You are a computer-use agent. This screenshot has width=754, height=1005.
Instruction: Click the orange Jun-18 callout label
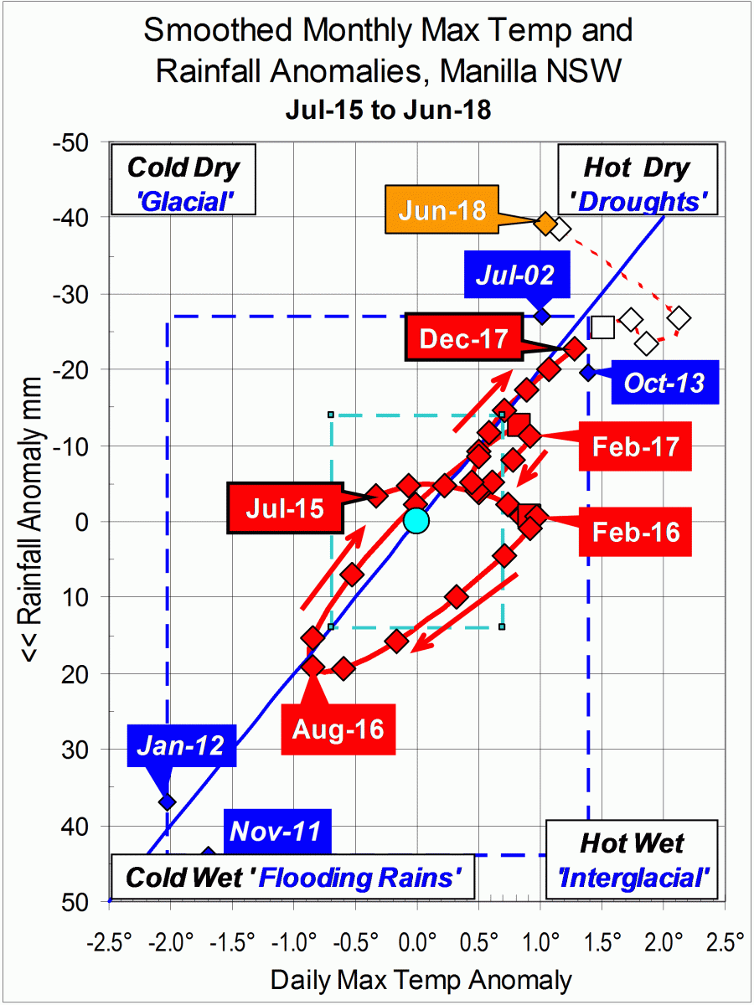(442, 209)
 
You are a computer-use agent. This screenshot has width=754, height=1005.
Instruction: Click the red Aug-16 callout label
(338, 729)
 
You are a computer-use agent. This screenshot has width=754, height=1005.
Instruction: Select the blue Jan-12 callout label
(182, 745)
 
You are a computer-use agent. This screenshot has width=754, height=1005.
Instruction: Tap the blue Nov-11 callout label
(276, 832)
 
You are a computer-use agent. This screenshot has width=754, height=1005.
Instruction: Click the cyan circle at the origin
(416, 521)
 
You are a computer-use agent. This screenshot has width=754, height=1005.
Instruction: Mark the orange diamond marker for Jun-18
(545, 224)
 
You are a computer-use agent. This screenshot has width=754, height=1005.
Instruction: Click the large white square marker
(602, 327)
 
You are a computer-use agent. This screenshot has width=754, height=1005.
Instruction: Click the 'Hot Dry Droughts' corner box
(636, 180)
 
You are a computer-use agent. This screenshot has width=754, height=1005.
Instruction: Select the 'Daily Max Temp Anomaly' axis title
(421, 979)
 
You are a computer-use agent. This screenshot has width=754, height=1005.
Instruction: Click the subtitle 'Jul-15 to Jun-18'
(387, 110)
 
